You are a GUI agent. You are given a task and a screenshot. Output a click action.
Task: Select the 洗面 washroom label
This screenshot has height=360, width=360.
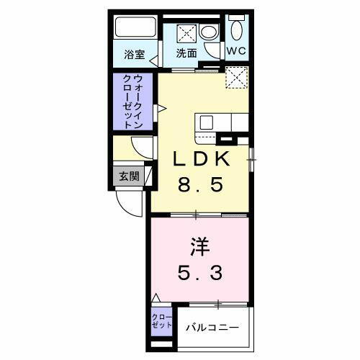[187, 53]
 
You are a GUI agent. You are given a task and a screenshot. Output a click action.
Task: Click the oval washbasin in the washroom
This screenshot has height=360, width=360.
[209, 32]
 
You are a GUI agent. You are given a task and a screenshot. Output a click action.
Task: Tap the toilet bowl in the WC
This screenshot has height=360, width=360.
[237, 29]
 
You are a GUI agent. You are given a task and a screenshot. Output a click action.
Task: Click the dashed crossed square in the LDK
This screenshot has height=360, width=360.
[236, 78]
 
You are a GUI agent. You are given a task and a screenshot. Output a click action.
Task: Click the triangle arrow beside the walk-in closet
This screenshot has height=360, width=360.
[162, 108]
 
